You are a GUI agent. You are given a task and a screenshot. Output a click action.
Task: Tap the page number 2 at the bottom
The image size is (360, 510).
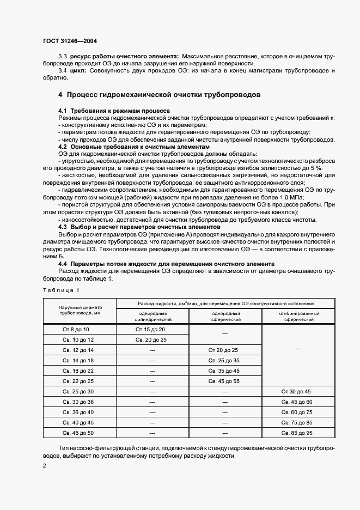[x=44, y=466]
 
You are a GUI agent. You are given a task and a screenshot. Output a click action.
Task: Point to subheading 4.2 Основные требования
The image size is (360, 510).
[x=133, y=147]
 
